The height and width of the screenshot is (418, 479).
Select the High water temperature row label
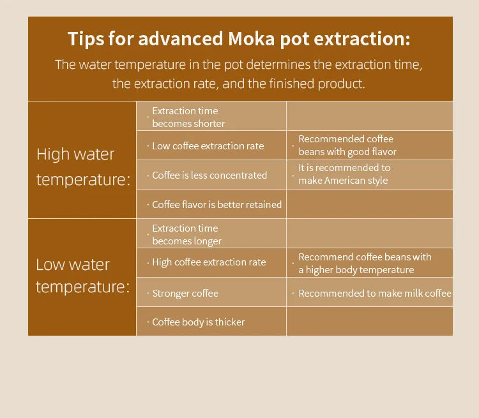(83, 167)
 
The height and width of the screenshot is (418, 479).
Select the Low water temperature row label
(82, 276)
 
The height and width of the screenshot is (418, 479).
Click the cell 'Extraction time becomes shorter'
(188, 117)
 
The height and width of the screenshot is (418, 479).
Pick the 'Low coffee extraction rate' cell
(208, 146)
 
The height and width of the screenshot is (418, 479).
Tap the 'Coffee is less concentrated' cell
(209, 175)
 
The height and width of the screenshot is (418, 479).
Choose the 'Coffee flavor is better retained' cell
(217, 205)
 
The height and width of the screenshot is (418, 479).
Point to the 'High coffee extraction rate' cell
(209, 262)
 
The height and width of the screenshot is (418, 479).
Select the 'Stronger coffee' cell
(185, 294)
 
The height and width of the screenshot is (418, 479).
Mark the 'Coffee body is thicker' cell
(198, 322)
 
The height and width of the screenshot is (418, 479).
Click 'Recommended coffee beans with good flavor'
(347, 146)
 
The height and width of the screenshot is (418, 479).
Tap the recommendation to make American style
(344, 174)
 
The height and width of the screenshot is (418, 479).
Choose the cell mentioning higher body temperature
(365, 264)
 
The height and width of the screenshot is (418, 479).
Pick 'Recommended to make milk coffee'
(375, 294)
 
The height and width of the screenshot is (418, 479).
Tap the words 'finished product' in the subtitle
(319, 84)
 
